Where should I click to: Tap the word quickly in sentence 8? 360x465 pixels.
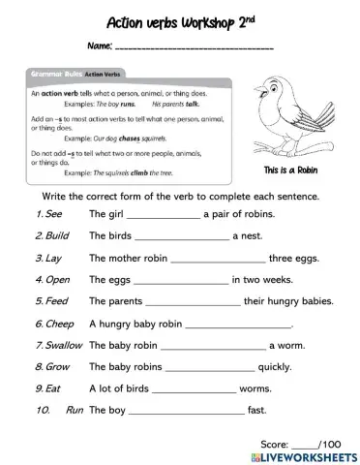pos(275,367)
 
